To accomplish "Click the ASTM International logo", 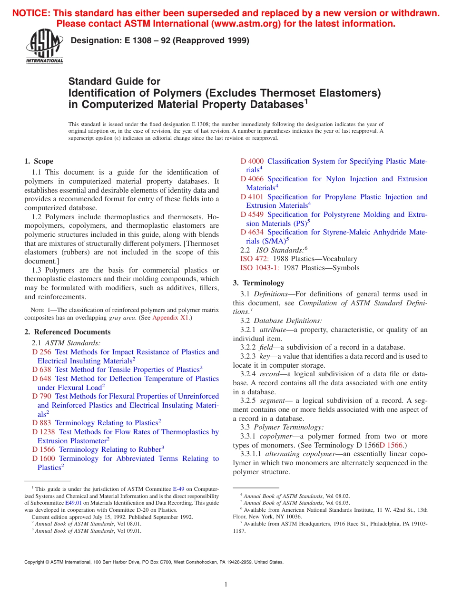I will (x=44, y=48).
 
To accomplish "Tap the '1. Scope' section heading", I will (x=39, y=161).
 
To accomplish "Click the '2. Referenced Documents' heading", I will (x=67, y=332).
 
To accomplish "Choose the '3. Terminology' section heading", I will (x=258, y=283).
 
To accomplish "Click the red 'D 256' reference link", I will (x=41, y=352).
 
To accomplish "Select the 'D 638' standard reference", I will (x=41, y=370).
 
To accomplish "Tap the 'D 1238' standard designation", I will (x=43, y=432).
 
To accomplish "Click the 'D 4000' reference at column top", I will (x=252, y=161).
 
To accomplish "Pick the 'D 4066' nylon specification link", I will (x=252, y=179).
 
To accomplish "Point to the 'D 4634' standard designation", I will (x=252, y=232).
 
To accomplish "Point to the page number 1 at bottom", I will (x=226, y=585).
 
